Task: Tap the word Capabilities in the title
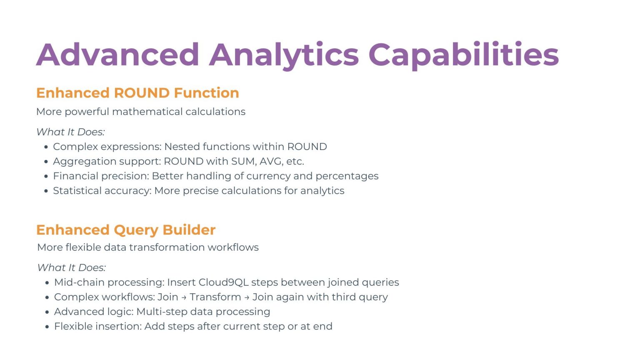click(463, 55)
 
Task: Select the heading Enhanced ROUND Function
click(137, 93)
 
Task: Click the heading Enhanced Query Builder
click(126, 230)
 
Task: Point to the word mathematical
click(147, 111)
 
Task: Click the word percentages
click(347, 176)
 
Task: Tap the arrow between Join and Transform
click(184, 297)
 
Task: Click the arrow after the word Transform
click(247, 297)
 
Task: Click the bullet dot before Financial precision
click(46, 177)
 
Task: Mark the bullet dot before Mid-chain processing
click(47, 283)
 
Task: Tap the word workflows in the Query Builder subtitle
click(233, 247)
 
